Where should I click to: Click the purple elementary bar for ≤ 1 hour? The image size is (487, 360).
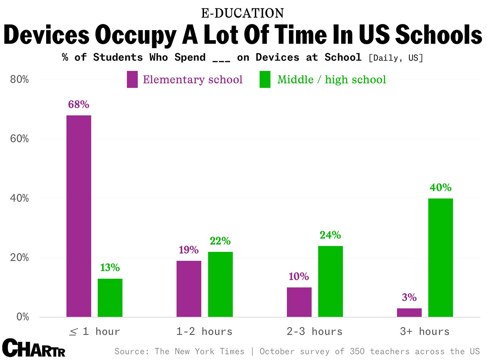79,216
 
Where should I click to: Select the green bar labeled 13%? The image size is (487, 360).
110,297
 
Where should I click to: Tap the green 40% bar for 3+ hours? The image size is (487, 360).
441,257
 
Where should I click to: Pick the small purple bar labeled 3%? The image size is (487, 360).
409,312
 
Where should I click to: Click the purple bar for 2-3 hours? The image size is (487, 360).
299,302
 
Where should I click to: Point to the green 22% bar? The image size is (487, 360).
220,284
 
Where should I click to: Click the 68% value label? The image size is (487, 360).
79,105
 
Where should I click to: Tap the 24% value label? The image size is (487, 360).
330,235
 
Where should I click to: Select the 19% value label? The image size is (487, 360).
189,250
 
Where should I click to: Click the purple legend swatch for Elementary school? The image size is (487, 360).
132,80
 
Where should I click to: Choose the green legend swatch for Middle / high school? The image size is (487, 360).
265,80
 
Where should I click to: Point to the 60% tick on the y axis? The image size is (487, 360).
19,139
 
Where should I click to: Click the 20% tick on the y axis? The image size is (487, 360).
19,258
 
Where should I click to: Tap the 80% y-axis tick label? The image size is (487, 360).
19,80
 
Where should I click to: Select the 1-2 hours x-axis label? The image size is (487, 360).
204,332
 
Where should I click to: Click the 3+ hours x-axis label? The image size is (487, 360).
425,332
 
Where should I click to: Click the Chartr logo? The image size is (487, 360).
33,349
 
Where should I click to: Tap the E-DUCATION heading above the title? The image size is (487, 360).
242,13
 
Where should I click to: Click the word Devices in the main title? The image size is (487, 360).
47,35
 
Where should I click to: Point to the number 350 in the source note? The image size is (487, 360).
357,351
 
